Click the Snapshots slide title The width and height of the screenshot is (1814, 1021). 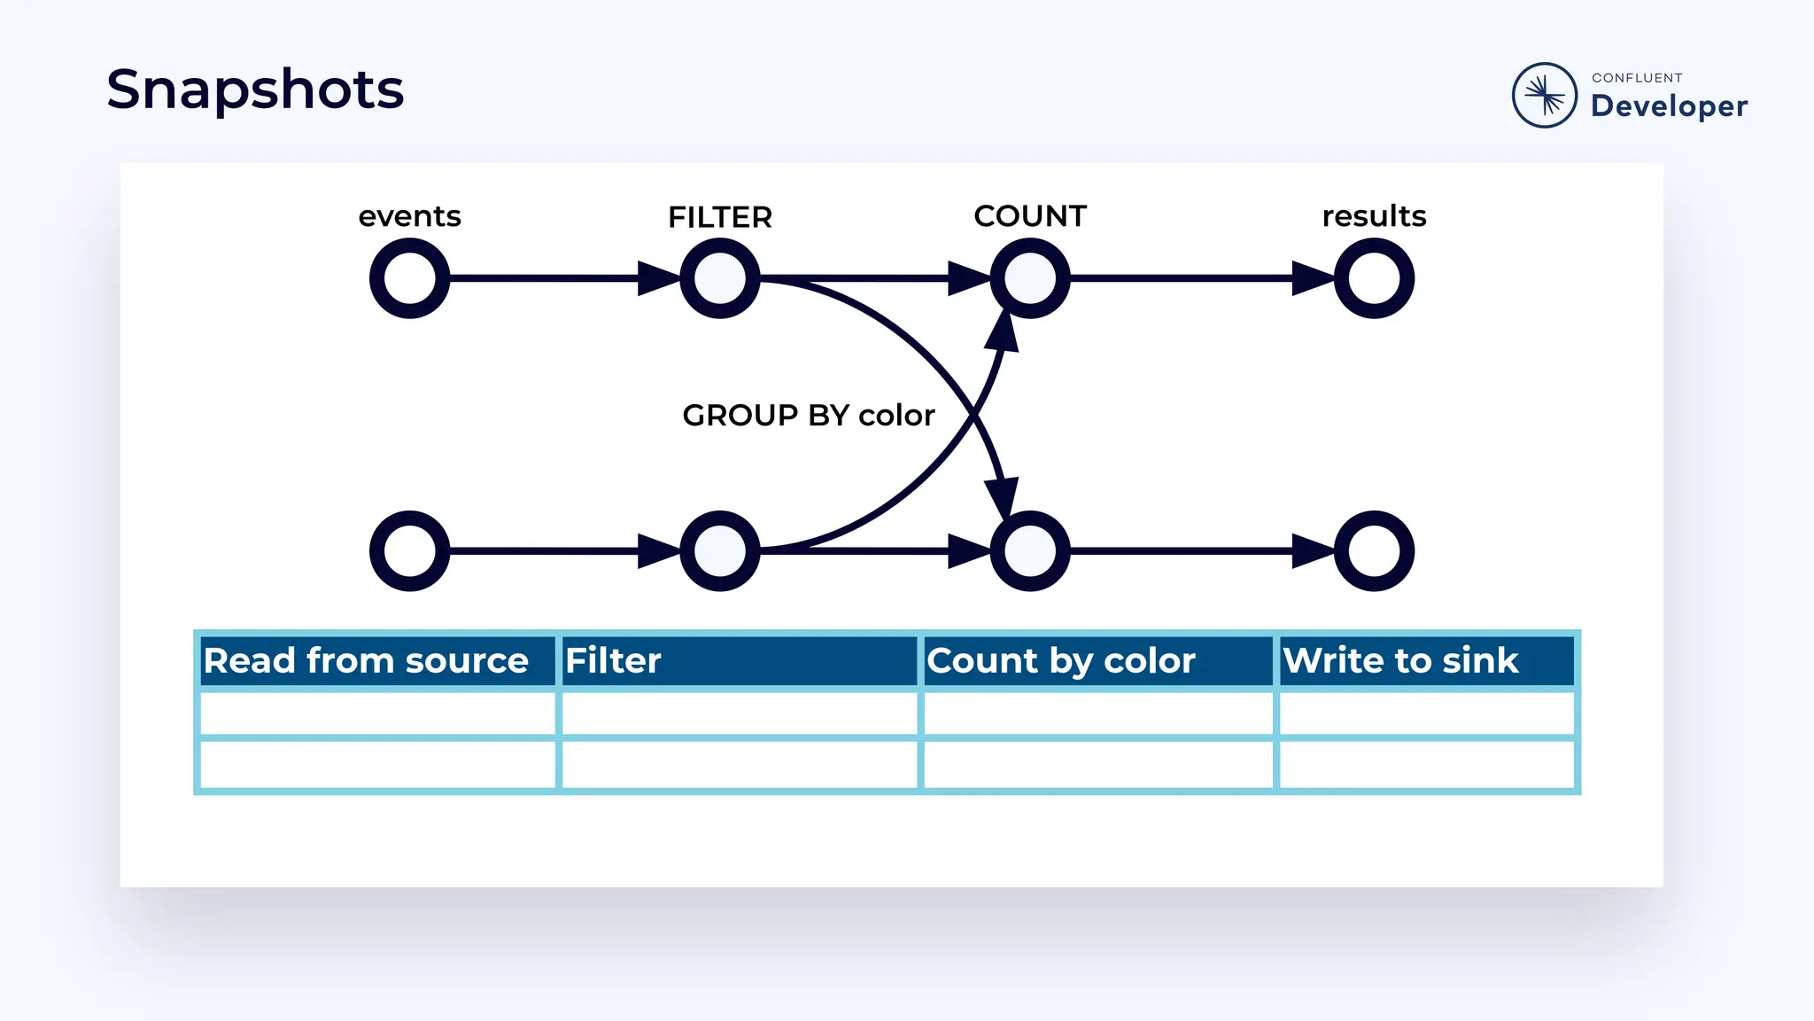(255, 90)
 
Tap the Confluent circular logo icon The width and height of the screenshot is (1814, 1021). (1544, 95)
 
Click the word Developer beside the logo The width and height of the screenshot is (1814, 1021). (1669, 106)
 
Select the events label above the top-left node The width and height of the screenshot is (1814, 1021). (409, 216)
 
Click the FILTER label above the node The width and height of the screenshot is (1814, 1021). (719, 217)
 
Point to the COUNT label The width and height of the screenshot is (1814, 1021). (1029, 216)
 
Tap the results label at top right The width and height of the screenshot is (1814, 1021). (1374, 216)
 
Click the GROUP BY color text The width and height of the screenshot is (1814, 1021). (808, 415)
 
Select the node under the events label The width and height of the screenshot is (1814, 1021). (409, 278)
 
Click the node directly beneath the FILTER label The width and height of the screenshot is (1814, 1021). (719, 278)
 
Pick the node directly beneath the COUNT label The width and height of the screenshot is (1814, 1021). (1029, 278)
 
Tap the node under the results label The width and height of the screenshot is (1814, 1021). (1374, 278)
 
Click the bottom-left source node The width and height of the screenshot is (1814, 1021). (409, 550)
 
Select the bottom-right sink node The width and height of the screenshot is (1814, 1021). (1374, 550)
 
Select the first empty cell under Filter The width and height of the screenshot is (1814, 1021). (739, 713)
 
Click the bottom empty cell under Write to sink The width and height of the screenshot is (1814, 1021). (1426, 764)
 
